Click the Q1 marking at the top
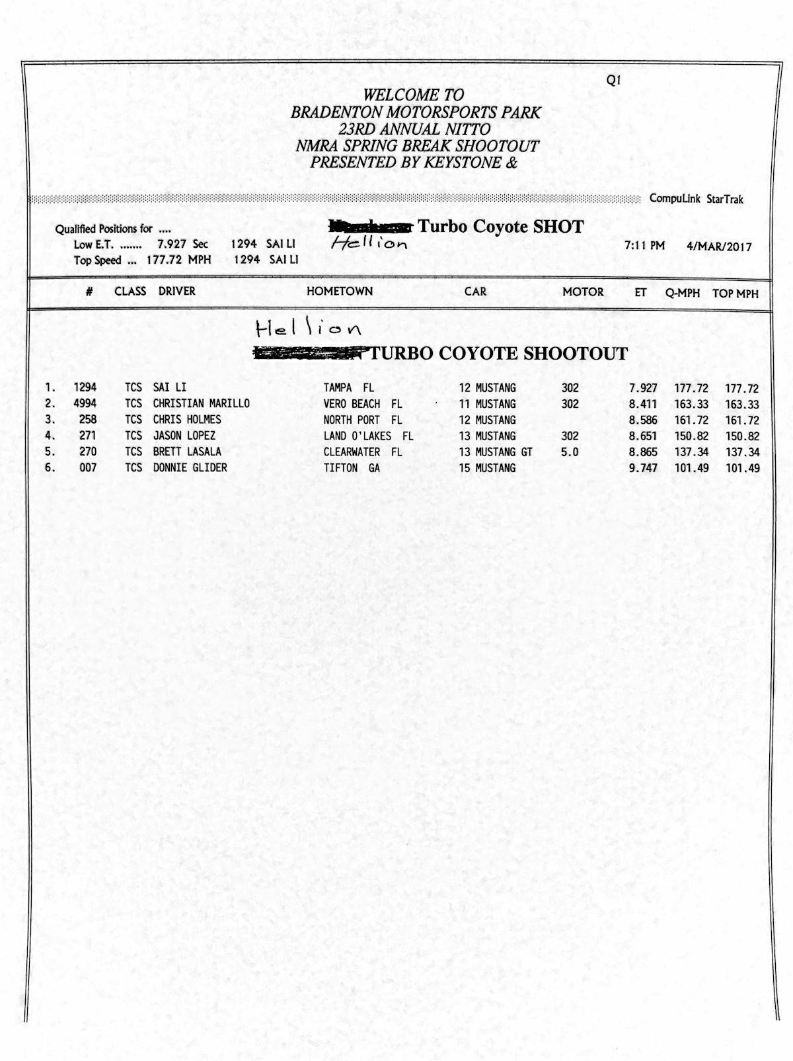(613, 81)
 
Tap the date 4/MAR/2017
(719, 247)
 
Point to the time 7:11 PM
(644, 246)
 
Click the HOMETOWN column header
(340, 291)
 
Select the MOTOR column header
(583, 292)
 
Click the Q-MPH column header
(683, 293)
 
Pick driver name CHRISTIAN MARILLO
(202, 403)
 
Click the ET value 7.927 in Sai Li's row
(643, 388)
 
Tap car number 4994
(85, 403)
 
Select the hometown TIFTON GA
(352, 468)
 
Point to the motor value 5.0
(570, 452)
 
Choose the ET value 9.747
(643, 468)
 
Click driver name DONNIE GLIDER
(190, 468)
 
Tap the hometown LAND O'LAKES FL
(368, 436)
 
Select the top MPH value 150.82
(742, 436)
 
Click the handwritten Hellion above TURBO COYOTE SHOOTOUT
(309, 328)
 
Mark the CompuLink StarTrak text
(697, 199)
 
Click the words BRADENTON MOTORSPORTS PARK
(416, 112)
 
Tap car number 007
(88, 468)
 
